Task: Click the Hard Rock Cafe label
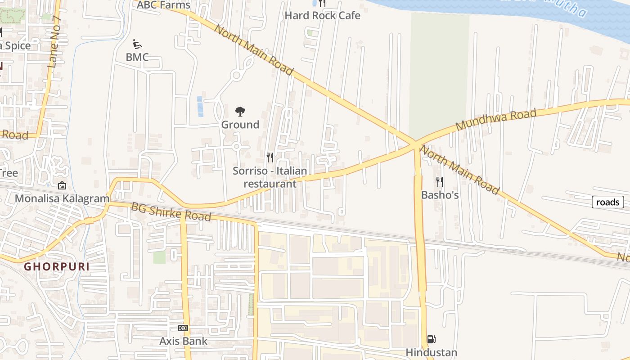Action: [322, 15]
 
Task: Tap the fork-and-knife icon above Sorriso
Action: [270, 157]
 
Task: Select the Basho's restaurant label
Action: [440, 195]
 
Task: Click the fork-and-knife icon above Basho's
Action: [440, 182]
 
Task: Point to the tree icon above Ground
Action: [240, 112]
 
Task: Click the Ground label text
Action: [240, 125]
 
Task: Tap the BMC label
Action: [137, 57]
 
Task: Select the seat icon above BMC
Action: [138, 44]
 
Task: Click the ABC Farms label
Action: [163, 5]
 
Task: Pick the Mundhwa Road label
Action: [496, 120]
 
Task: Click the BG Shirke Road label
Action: [171, 212]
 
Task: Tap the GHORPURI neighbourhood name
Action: [57, 266]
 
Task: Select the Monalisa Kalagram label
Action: [62, 198]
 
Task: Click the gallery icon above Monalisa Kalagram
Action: [62, 185]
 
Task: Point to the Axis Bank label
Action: [183, 341]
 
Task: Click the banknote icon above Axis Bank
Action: [183, 328]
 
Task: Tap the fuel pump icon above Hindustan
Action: [431, 339]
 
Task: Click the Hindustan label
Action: [431, 352]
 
